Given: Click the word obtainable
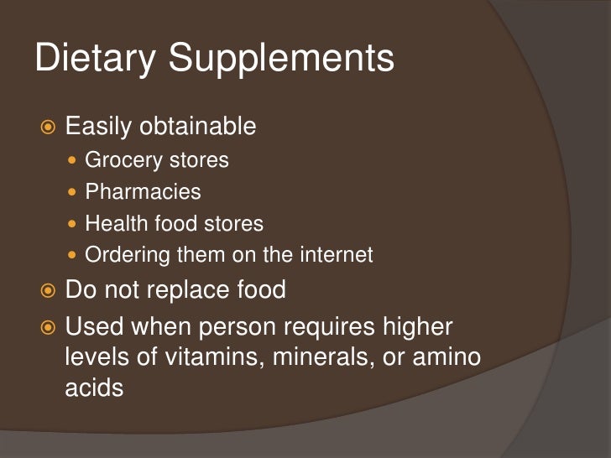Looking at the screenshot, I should (x=198, y=127).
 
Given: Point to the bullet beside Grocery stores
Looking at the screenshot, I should (x=74, y=159).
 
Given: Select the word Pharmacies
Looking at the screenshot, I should (x=143, y=192).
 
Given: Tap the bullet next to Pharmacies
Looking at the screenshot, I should (x=74, y=192).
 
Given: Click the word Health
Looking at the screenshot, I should (x=117, y=224).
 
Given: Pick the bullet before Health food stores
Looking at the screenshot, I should (x=74, y=224).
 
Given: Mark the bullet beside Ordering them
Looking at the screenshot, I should (x=74, y=255).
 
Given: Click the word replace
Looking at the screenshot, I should (x=186, y=290).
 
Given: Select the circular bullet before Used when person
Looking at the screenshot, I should (x=48, y=326).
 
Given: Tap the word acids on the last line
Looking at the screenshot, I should (x=94, y=389).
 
